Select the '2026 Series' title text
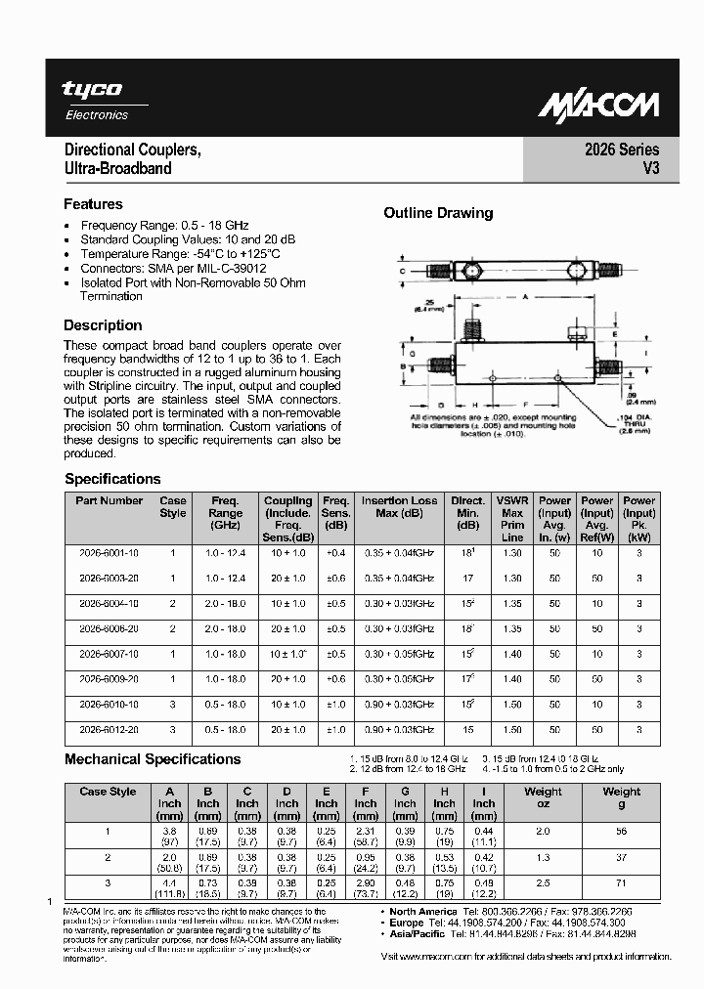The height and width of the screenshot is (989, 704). [622, 150]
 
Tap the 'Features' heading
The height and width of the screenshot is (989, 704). [93, 204]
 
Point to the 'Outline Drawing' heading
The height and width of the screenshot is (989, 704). [438, 213]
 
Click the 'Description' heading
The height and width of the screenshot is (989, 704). [103, 325]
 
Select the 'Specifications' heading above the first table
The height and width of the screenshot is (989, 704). [112, 479]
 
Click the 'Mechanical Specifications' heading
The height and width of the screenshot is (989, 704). [153, 759]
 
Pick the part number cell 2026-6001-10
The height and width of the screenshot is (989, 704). [109, 552]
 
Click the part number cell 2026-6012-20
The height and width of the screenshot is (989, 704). [109, 730]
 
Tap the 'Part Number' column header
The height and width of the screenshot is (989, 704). [109, 500]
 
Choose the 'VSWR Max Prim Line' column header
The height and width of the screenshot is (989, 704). [512, 518]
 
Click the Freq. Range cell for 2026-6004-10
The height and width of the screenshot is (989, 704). [225, 603]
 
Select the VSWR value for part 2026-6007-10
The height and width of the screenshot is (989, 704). [512, 654]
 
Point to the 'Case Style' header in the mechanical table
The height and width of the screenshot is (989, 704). [108, 792]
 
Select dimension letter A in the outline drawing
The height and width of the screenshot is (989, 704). [525, 295]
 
